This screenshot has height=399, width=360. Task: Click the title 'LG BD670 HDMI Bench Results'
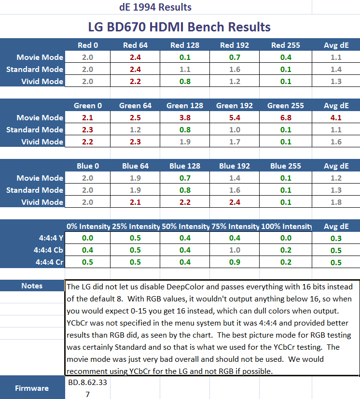tap(179, 27)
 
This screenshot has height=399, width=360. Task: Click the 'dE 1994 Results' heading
tap(155, 7)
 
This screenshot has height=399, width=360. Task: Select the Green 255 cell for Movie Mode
tap(285, 118)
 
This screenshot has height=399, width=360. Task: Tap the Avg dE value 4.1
tap(336, 118)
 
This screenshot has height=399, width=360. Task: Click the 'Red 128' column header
tap(184, 45)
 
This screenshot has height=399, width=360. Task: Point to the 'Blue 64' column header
tap(135, 166)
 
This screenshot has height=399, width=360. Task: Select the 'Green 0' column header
tap(88, 106)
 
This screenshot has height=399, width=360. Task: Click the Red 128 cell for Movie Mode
tap(184, 57)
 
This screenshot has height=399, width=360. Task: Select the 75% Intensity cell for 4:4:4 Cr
tap(235, 262)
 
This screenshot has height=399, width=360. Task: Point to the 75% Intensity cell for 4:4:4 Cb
tap(235, 250)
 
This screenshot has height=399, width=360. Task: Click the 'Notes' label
tap(32, 286)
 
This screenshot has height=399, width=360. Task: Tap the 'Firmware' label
tap(32, 388)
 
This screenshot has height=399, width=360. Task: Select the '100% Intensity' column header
tap(286, 227)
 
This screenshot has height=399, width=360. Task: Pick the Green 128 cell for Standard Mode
tap(184, 130)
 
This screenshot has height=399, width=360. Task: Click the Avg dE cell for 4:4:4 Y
tap(336, 238)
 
